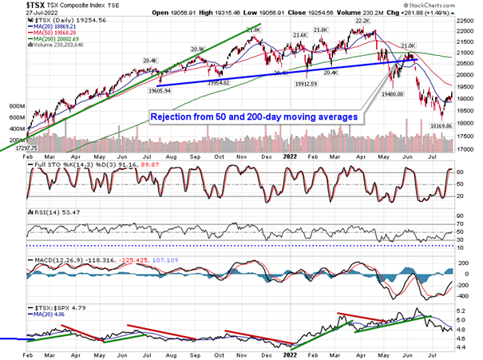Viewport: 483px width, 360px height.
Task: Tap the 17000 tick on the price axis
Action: pyautogui.click(x=467, y=149)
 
